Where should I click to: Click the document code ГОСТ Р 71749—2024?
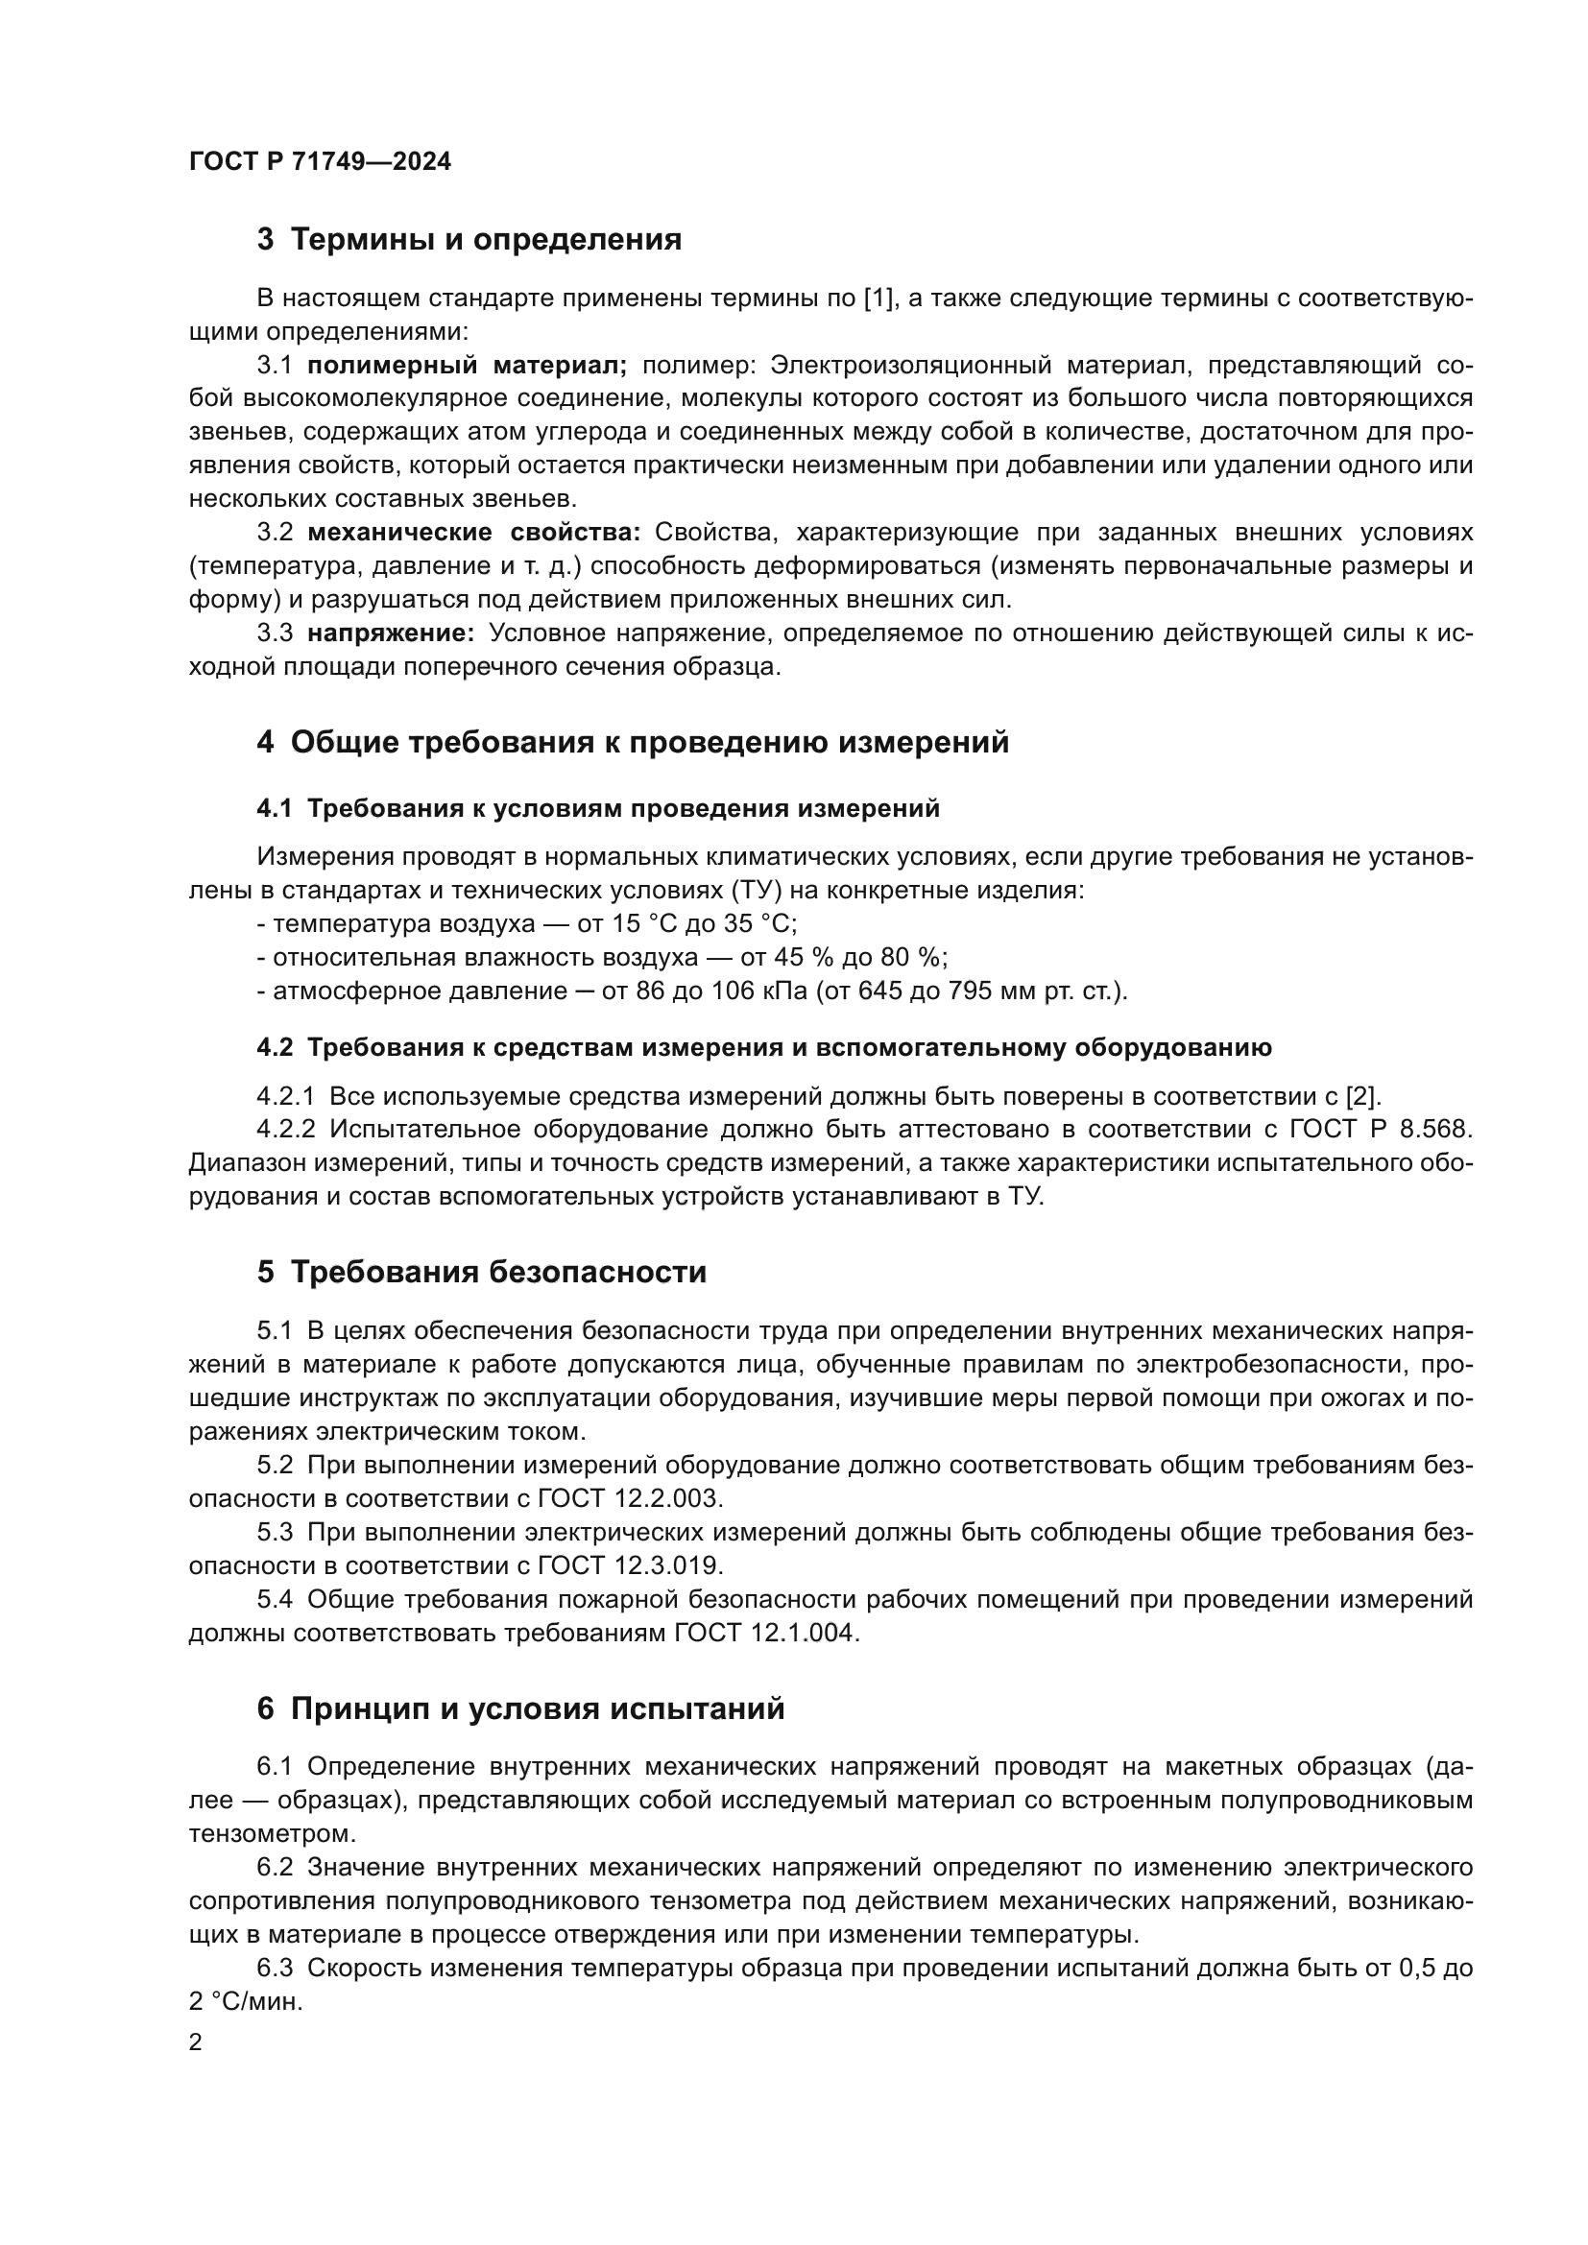tap(320, 161)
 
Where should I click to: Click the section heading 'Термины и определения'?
tap(486, 240)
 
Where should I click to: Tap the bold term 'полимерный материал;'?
tap(467, 366)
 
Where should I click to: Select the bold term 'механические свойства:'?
tap(473, 533)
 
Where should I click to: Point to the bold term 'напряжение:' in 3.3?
tap(390, 633)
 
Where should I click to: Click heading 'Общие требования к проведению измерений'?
tap(649, 742)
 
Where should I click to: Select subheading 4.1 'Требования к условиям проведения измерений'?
tap(623, 808)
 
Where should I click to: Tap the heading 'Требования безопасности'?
tap(498, 1272)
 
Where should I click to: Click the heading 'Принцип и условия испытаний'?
tap(538, 1709)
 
